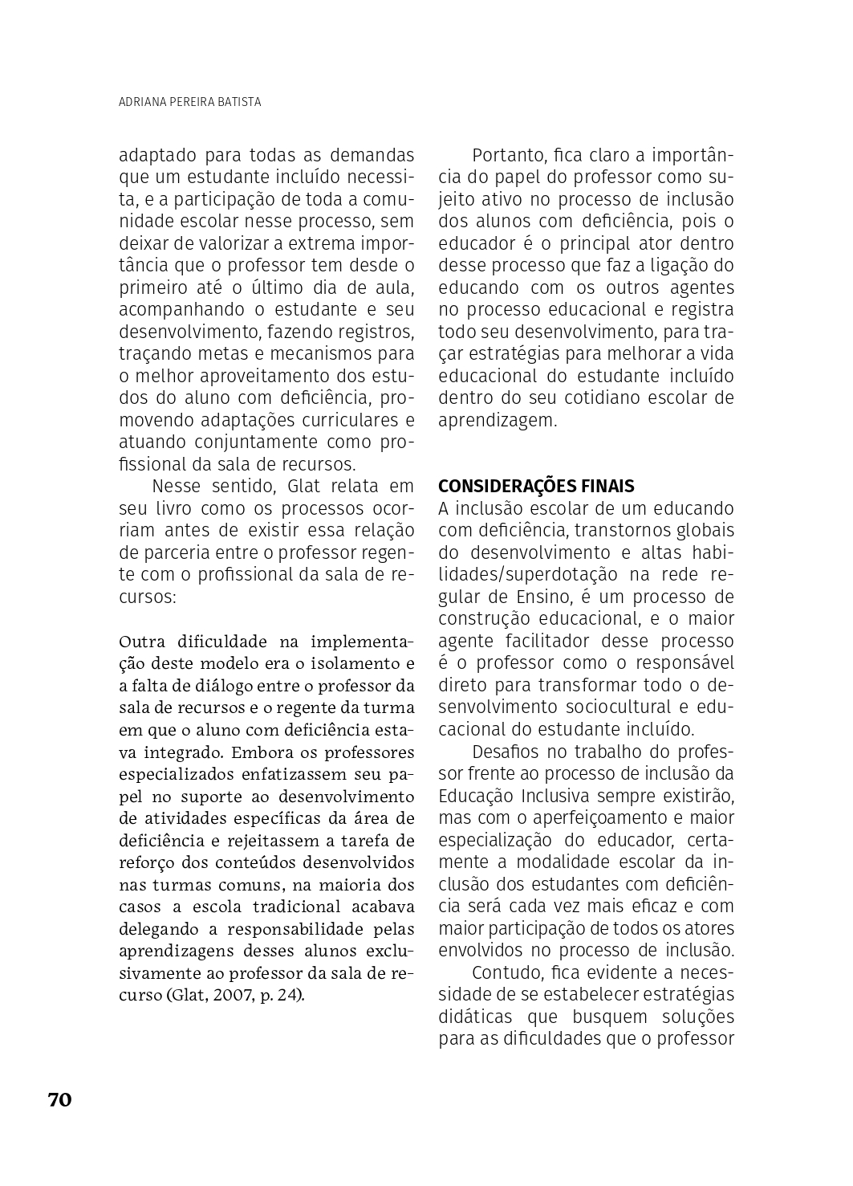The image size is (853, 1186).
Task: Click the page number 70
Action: (x=60, y=1099)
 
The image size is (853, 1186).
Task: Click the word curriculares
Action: (x=347, y=421)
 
